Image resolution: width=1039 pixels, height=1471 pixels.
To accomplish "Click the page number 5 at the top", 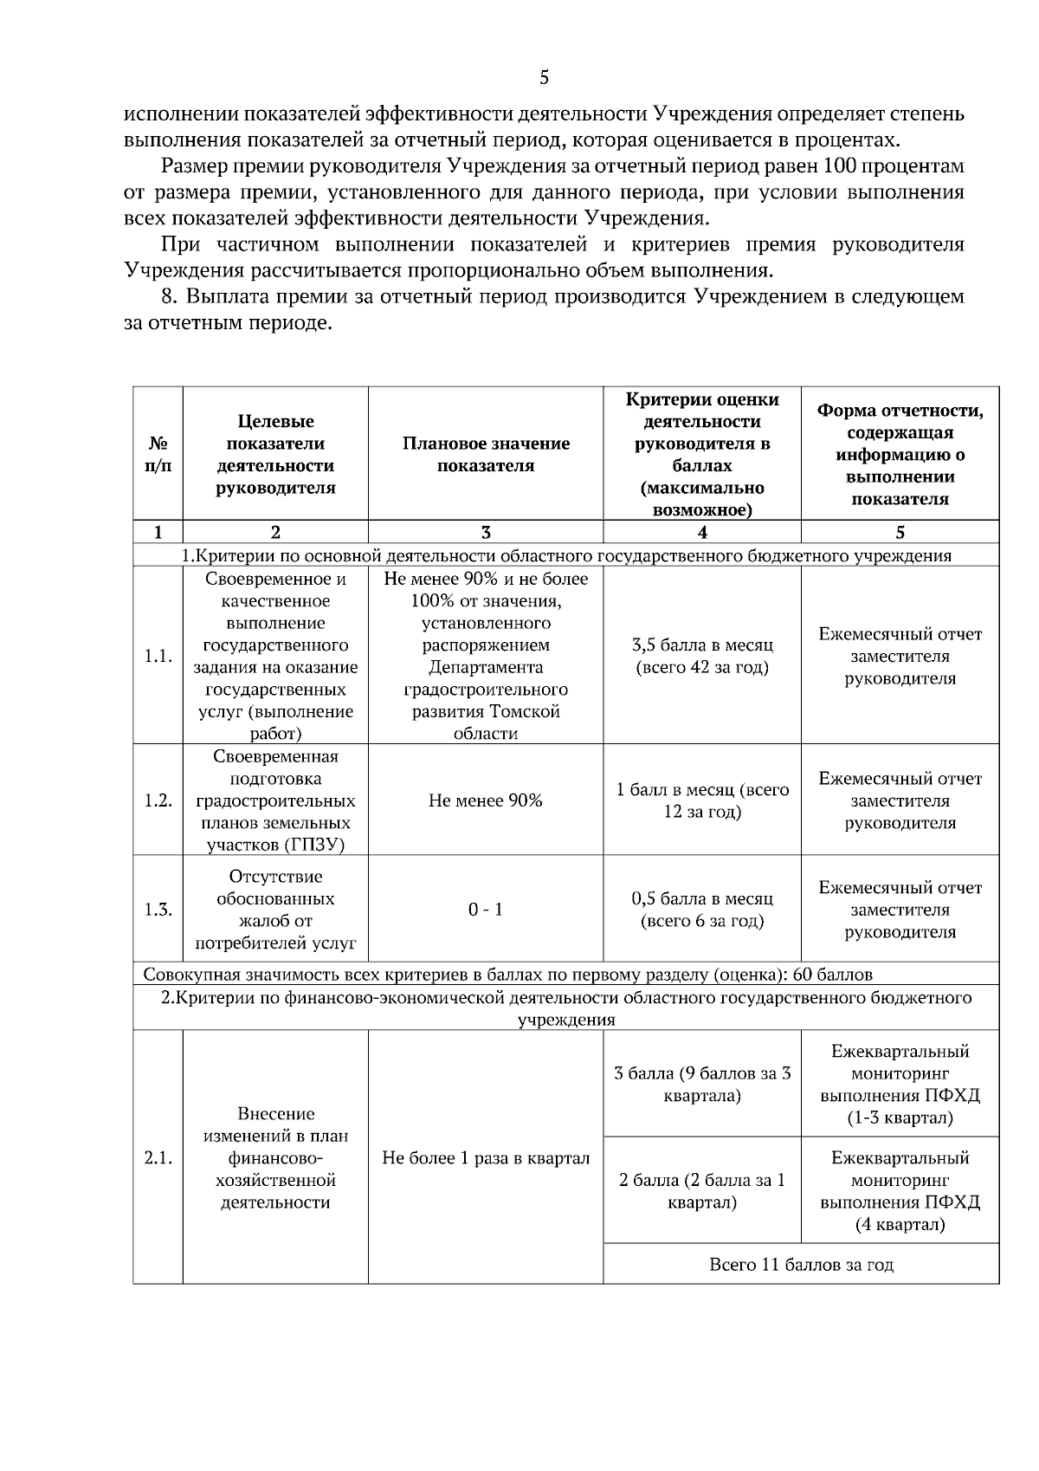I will (544, 78).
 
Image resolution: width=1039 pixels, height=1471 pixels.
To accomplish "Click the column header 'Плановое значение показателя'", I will (486, 454).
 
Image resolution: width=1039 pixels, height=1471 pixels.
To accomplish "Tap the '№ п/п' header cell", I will (158, 454).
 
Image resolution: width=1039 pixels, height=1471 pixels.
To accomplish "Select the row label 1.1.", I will (158, 656).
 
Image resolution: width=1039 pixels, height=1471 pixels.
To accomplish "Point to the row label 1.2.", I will (158, 800).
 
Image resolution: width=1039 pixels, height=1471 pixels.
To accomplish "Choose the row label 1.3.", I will (158, 910).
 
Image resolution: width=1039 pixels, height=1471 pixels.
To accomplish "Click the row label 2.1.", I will (158, 1158).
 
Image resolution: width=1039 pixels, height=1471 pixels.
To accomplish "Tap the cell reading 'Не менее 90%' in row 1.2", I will (486, 800).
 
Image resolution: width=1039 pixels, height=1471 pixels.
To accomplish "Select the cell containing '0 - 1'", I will (486, 910).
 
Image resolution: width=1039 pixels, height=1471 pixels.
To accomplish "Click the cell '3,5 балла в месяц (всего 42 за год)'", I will (702, 656).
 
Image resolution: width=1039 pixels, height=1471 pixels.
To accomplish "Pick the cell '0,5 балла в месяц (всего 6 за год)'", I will (702, 910).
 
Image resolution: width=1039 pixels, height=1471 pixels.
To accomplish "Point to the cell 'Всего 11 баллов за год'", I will (801, 1265).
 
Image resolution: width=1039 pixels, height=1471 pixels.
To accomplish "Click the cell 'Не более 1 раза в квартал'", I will (486, 1158).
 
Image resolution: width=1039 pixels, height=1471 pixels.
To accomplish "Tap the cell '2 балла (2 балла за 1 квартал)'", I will (702, 1191).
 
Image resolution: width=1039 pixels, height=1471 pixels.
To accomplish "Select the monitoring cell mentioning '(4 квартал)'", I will (900, 1191).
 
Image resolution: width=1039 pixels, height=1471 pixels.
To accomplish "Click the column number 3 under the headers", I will (486, 533).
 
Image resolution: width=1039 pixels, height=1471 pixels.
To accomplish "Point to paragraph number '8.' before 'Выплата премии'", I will (171, 297).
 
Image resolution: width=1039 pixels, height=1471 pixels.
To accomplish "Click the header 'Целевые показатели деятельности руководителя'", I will (275, 454).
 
